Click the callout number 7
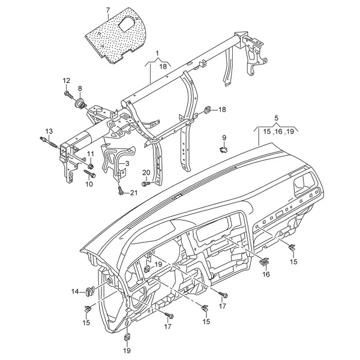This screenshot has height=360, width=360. [108, 10]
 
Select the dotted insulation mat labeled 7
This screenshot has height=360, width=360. [115, 35]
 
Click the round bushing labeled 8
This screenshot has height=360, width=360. [80, 104]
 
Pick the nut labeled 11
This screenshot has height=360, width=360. [91, 166]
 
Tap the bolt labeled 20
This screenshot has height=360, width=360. [146, 184]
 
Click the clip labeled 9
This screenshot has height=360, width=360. [224, 149]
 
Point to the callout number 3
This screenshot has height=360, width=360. [127, 163]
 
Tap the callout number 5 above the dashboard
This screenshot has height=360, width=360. [276, 118]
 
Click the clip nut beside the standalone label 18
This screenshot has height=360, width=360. [208, 110]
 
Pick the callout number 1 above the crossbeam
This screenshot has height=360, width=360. [157, 53]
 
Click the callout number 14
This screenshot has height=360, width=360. [75, 292]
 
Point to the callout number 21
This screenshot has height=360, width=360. [133, 193]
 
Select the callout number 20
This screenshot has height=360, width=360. [146, 172]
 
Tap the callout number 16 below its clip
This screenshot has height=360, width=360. [266, 274]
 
